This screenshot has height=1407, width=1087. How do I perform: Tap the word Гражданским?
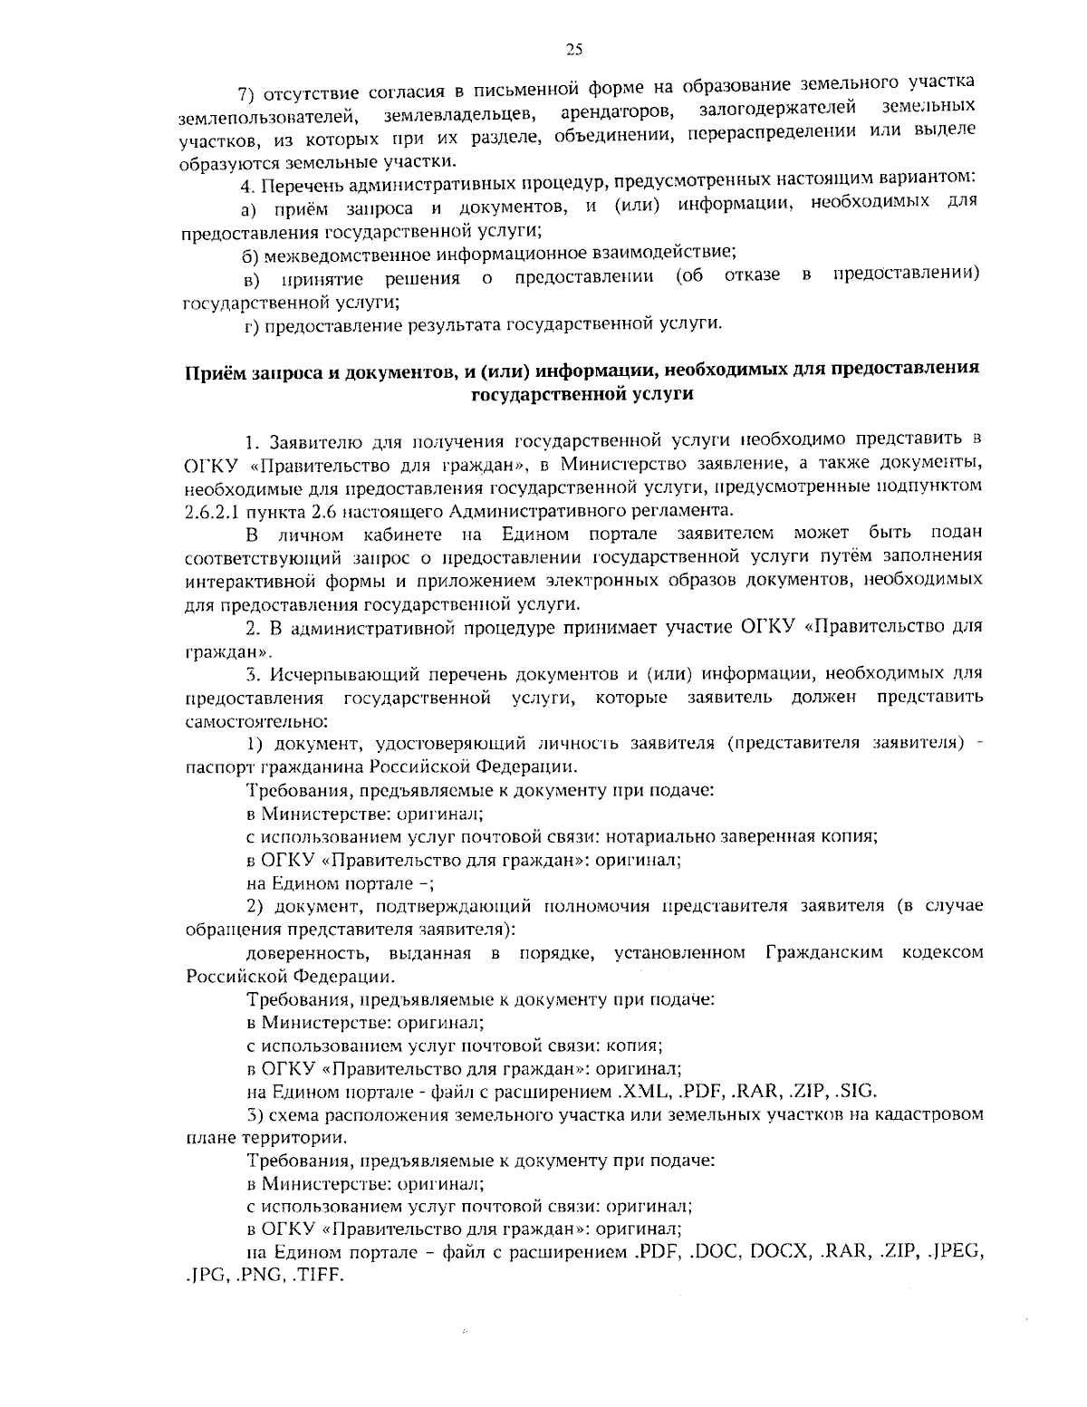pyautogui.click(x=823, y=953)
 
